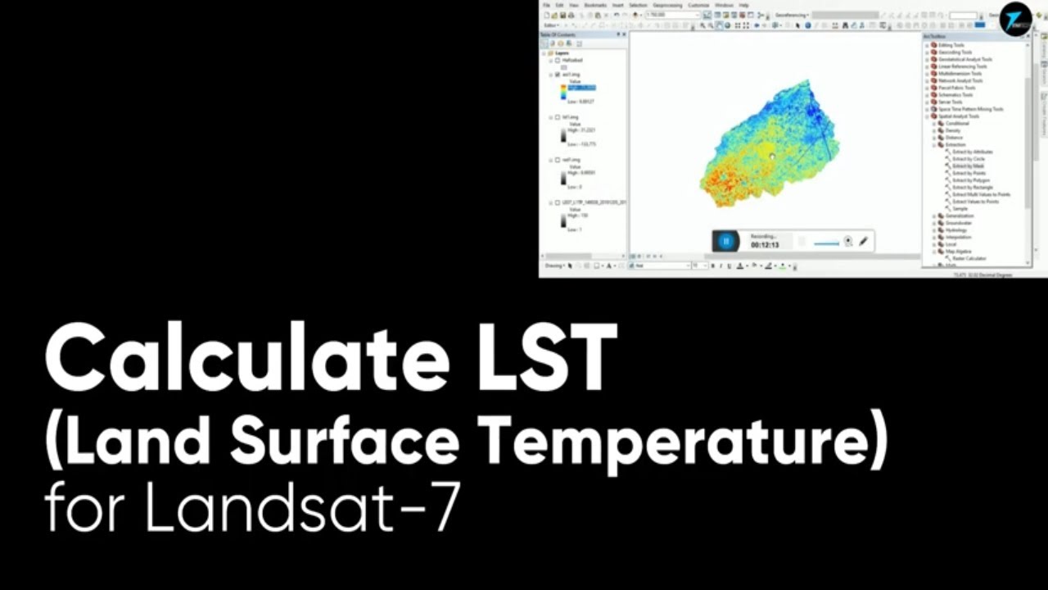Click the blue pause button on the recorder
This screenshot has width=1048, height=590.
click(725, 241)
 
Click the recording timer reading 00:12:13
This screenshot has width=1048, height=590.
click(765, 245)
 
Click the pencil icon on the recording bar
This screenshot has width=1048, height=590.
click(864, 241)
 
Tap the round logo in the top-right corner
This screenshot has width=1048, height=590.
click(1015, 19)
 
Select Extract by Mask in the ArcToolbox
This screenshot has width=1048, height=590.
click(968, 166)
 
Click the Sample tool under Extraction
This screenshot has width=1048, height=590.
click(960, 208)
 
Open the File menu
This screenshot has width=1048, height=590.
click(546, 5)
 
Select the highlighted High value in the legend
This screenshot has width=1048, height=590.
click(582, 88)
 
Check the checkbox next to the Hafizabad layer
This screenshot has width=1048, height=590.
click(558, 60)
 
